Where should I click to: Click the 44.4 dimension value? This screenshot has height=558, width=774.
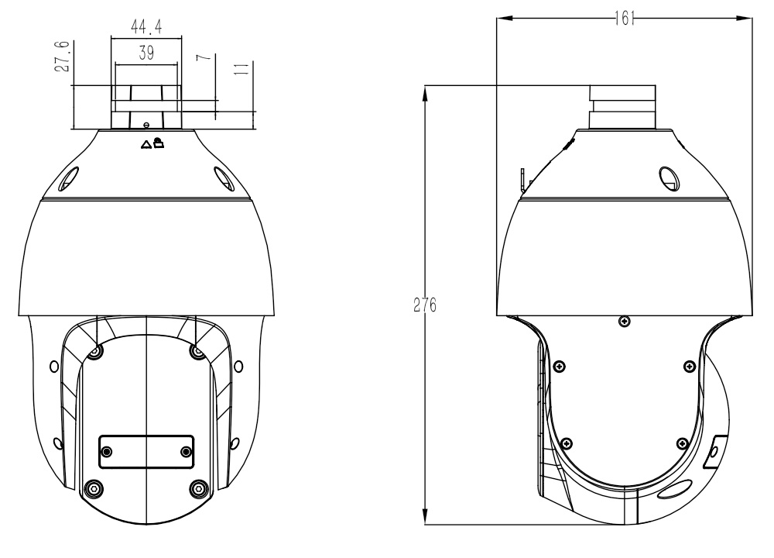point(146,26)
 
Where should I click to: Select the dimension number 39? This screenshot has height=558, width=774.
point(146,53)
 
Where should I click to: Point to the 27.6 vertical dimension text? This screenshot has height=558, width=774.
point(62,57)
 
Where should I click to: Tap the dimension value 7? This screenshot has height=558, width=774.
point(204,57)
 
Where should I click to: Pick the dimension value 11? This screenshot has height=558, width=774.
point(241,68)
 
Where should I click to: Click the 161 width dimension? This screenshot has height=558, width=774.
point(625,19)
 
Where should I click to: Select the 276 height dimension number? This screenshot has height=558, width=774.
point(424,305)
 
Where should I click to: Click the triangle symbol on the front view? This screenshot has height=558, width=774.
point(146,145)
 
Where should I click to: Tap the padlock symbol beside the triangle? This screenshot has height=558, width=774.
point(159,143)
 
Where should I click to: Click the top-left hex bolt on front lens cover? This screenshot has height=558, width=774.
point(94,352)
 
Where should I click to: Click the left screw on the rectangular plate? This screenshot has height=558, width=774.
point(106,451)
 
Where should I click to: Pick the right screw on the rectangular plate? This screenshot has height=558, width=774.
point(186,451)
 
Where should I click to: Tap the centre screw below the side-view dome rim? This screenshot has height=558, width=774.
point(624,322)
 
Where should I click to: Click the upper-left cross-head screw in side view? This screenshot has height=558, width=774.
point(560,367)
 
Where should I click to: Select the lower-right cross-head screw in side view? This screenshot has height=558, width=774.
point(682,443)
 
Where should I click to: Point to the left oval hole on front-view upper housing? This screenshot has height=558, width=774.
point(68,179)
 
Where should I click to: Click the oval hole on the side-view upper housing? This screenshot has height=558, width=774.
point(669,179)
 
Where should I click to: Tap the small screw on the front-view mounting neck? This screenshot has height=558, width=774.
point(146,125)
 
